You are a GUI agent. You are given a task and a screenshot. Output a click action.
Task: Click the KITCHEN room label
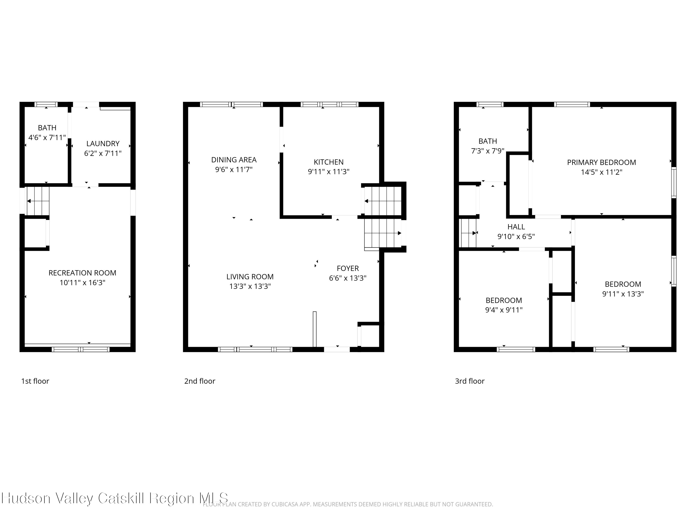click(329, 162)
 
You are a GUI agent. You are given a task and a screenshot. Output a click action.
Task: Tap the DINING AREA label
click(234, 160)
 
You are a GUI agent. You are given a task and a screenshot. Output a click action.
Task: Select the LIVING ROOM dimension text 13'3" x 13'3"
click(250, 286)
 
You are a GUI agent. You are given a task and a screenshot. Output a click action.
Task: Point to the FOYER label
click(348, 268)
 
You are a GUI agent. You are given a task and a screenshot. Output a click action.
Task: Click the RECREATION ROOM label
click(82, 273)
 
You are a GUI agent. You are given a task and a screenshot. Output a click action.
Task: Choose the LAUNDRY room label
click(103, 143)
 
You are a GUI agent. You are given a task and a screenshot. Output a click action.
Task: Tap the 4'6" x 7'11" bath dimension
click(47, 138)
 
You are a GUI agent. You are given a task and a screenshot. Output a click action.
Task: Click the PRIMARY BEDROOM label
click(601, 162)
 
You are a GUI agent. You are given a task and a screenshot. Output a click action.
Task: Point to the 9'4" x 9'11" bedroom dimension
click(504, 310)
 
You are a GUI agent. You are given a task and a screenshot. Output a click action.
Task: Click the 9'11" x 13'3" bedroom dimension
click(623, 294)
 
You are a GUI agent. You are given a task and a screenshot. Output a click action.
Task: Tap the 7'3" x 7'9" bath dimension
click(488, 151)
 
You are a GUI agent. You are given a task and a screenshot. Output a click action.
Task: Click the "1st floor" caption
click(35, 381)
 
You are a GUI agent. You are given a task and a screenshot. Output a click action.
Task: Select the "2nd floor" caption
click(200, 381)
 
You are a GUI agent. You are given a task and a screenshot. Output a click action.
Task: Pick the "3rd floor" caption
click(470, 381)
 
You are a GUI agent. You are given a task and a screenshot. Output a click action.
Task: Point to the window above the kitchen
click(329, 104)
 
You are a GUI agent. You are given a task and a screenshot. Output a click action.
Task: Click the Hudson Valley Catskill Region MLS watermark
click(115, 498)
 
